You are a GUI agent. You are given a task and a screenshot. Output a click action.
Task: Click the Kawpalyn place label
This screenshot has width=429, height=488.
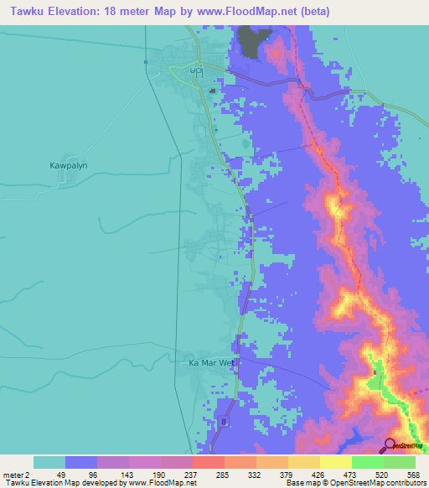(68, 166)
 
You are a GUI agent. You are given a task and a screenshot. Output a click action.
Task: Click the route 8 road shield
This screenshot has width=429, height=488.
(225, 422)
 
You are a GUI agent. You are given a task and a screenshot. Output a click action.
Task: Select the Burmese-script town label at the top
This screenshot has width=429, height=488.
(196, 72)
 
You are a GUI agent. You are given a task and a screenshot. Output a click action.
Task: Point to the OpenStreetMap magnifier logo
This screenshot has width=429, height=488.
(390, 445)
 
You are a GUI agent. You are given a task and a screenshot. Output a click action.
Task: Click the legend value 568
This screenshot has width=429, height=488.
(411, 475)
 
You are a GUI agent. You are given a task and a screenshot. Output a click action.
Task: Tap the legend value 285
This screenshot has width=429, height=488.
(222, 475)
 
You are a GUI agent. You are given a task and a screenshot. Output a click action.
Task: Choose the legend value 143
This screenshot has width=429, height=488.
(126, 475)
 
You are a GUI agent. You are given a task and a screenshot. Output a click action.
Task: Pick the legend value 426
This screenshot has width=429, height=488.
(317, 475)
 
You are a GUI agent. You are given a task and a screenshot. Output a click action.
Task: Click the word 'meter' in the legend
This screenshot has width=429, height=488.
(14, 475)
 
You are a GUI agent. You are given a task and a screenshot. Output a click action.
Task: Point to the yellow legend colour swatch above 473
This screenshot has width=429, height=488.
(336, 462)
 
